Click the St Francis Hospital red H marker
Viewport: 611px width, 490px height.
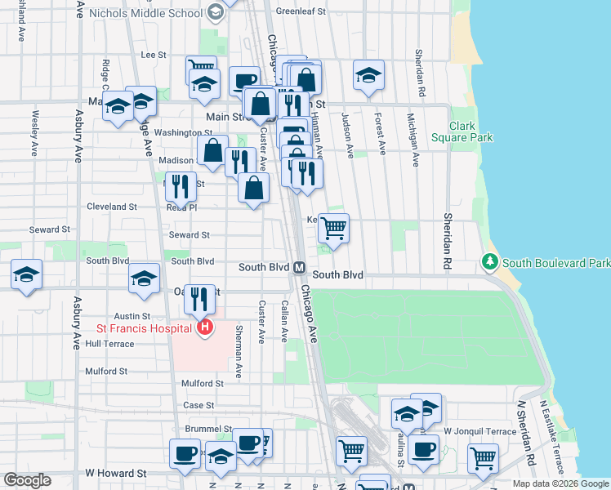click(205, 328)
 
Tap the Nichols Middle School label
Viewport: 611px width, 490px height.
click(157, 13)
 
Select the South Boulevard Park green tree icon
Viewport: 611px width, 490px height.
click(489, 262)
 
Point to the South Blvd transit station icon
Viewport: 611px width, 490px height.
click(299, 267)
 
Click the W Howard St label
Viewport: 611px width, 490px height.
click(115, 473)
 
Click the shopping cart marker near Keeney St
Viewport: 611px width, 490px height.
click(333, 228)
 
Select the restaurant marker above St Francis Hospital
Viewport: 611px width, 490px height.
click(199, 299)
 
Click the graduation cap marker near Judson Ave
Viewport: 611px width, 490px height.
click(368, 75)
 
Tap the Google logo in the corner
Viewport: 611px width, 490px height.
click(27, 480)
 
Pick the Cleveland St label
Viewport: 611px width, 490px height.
click(112, 207)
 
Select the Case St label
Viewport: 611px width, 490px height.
click(198, 405)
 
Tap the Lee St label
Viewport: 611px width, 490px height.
click(154, 55)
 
